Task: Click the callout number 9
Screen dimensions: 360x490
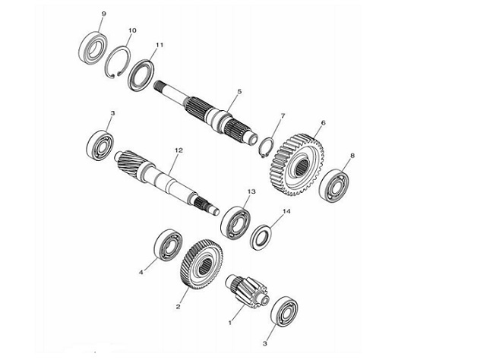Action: (x=103, y=14)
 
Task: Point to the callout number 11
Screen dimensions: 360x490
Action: (x=160, y=46)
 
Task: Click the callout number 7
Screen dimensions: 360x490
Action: (x=282, y=116)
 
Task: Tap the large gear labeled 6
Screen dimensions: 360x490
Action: (x=295, y=162)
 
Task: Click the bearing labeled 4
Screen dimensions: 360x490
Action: (x=166, y=247)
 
